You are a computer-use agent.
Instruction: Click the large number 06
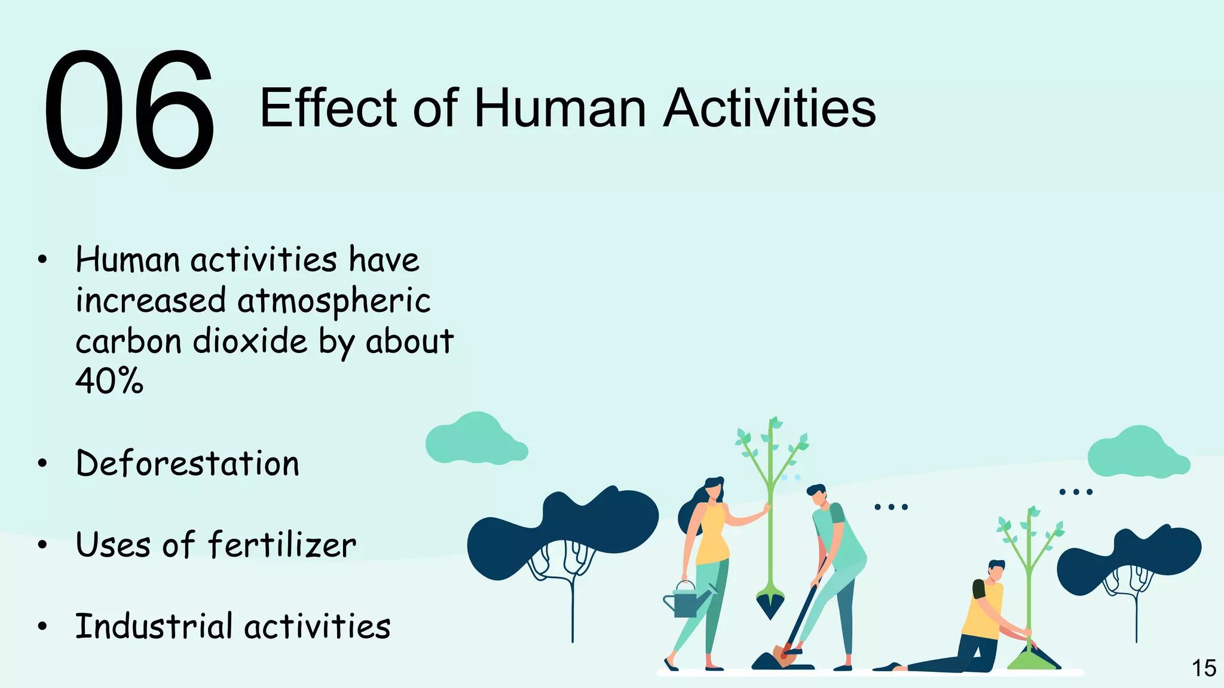[128, 110]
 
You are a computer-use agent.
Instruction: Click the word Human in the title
[559, 109]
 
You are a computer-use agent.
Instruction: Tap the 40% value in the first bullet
[109, 380]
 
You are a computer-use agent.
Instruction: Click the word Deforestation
[188, 463]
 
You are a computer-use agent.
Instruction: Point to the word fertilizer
[282, 545]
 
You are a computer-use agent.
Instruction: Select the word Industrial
[154, 626]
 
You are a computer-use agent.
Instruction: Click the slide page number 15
[1203, 668]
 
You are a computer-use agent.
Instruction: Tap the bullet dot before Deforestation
[42, 463]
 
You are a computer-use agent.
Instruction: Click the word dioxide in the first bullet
[250, 341]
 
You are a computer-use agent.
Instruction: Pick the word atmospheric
[333, 300]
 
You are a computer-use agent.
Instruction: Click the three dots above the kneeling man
[1075, 492]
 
